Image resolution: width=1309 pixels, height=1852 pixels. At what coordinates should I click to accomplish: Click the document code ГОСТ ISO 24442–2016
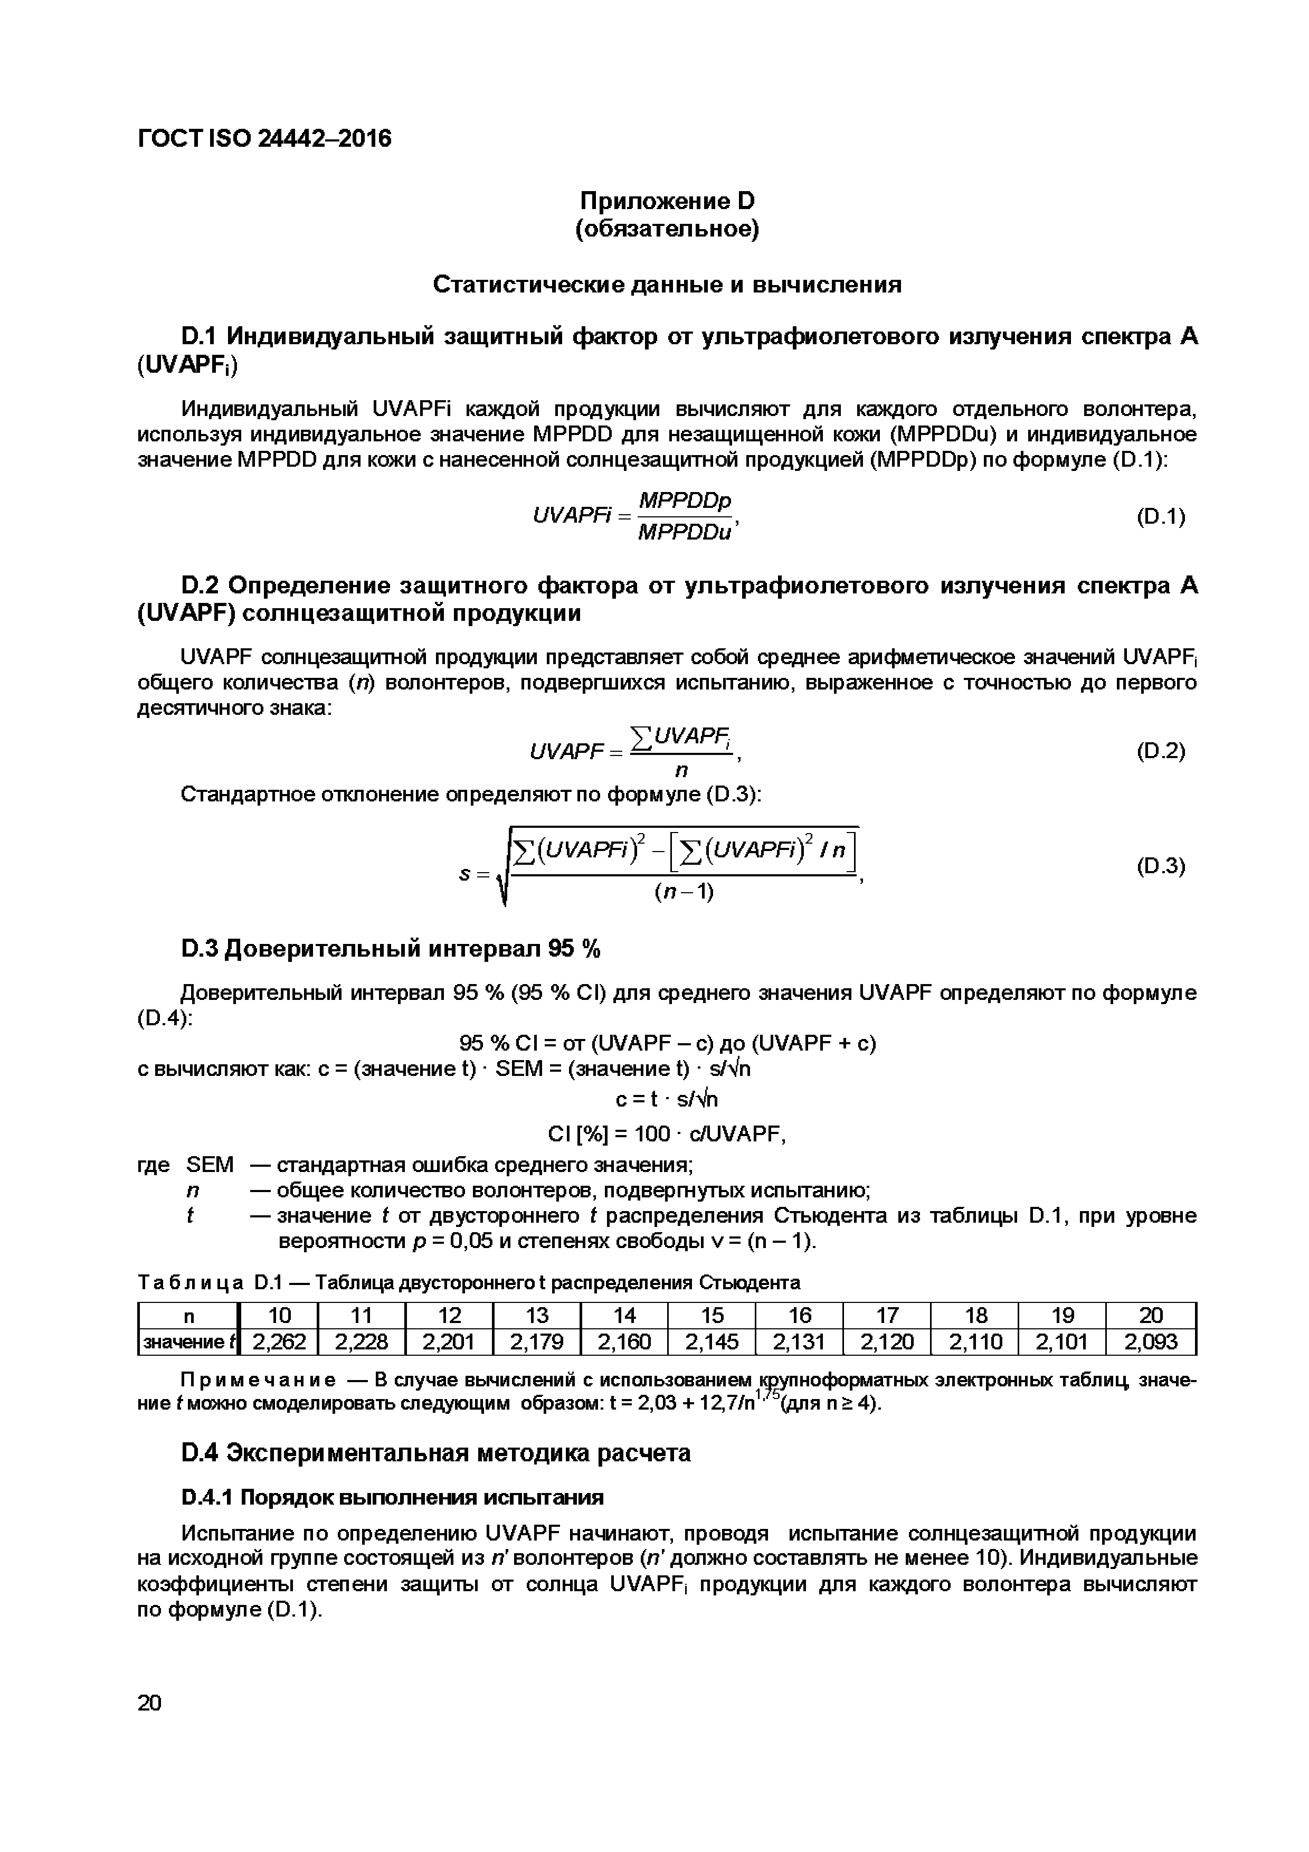point(264,139)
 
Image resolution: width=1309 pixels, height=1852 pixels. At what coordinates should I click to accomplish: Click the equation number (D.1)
point(1160,516)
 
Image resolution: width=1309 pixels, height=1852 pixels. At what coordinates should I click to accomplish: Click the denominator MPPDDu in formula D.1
point(684,532)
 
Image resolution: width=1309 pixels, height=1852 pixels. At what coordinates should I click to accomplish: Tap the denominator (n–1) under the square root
point(684,892)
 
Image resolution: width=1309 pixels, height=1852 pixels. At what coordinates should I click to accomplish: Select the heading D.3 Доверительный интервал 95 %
point(391,949)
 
